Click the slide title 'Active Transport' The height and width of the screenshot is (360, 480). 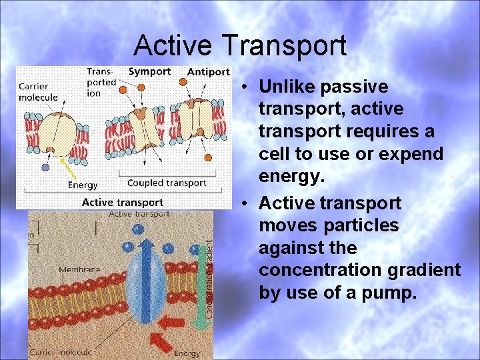[x=240, y=45]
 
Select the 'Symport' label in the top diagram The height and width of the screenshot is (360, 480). [x=149, y=71]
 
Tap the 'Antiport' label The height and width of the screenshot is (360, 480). [x=209, y=71]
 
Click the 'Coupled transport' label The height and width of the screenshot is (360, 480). [x=167, y=183]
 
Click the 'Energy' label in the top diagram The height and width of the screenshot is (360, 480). [x=83, y=185]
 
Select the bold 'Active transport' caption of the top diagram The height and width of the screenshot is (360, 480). [x=122, y=202]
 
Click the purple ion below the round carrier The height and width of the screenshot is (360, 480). [x=45, y=167]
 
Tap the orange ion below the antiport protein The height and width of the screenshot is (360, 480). [x=208, y=158]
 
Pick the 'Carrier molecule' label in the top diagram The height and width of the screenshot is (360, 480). [x=38, y=91]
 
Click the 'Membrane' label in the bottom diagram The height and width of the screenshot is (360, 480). [x=80, y=269]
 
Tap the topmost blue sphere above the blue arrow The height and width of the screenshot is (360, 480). [x=138, y=228]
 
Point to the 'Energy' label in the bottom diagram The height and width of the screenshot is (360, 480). [x=186, y=353]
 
